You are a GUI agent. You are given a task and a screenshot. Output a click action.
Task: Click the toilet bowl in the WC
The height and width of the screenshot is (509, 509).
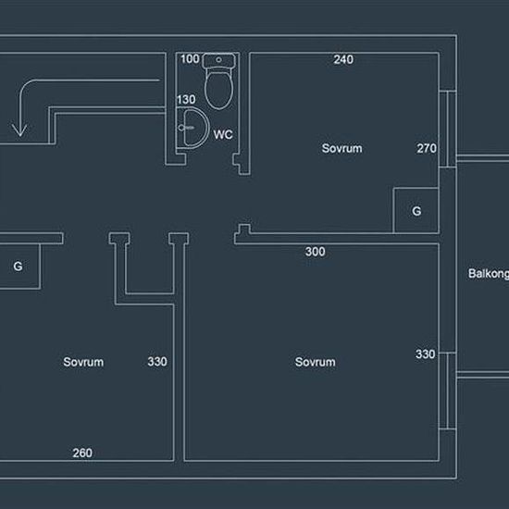(x=218, y=90)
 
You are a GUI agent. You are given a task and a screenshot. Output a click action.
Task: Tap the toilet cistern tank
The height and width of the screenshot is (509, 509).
(x=218, y=61)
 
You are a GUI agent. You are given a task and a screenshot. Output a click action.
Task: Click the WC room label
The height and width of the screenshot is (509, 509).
(x=223, y=134)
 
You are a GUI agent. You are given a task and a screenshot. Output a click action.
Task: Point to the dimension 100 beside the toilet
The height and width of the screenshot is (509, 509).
(x=190, y=59)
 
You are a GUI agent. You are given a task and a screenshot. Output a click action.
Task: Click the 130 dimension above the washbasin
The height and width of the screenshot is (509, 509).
(x=186, y=99)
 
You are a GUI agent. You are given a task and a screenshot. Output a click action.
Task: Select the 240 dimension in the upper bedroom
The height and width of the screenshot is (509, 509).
(x=343, y=59)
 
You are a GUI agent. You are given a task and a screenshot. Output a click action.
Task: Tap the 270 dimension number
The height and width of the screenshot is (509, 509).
(x=427, y=148)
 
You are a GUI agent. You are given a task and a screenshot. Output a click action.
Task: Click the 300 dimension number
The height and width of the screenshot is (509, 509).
(x=316, y=252)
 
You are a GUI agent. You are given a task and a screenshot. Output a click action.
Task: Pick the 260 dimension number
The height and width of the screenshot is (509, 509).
(x=82, y=453)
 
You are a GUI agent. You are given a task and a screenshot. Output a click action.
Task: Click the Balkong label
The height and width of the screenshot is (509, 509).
(x=489, y=274)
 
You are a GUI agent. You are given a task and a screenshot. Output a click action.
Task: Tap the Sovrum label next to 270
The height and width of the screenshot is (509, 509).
(x=341, y=148)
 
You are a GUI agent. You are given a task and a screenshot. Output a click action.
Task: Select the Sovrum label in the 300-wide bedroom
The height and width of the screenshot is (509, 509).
(x=316, y=362)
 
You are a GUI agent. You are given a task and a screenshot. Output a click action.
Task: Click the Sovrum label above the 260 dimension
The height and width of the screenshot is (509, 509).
(x=83, y=362)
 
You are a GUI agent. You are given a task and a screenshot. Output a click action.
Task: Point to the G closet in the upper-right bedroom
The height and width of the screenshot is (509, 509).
(x=416, y=211)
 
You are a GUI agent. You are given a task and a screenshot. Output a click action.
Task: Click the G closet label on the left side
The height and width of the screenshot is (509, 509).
(x=18, y=267)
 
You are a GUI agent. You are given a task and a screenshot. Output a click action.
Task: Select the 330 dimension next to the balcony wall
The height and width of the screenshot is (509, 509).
(x=426, y=354)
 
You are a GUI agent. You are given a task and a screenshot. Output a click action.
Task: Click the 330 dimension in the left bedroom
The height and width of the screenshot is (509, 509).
(x=157, y=362)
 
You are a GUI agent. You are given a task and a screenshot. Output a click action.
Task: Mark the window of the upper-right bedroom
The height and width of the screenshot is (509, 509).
(x=448, y=129)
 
